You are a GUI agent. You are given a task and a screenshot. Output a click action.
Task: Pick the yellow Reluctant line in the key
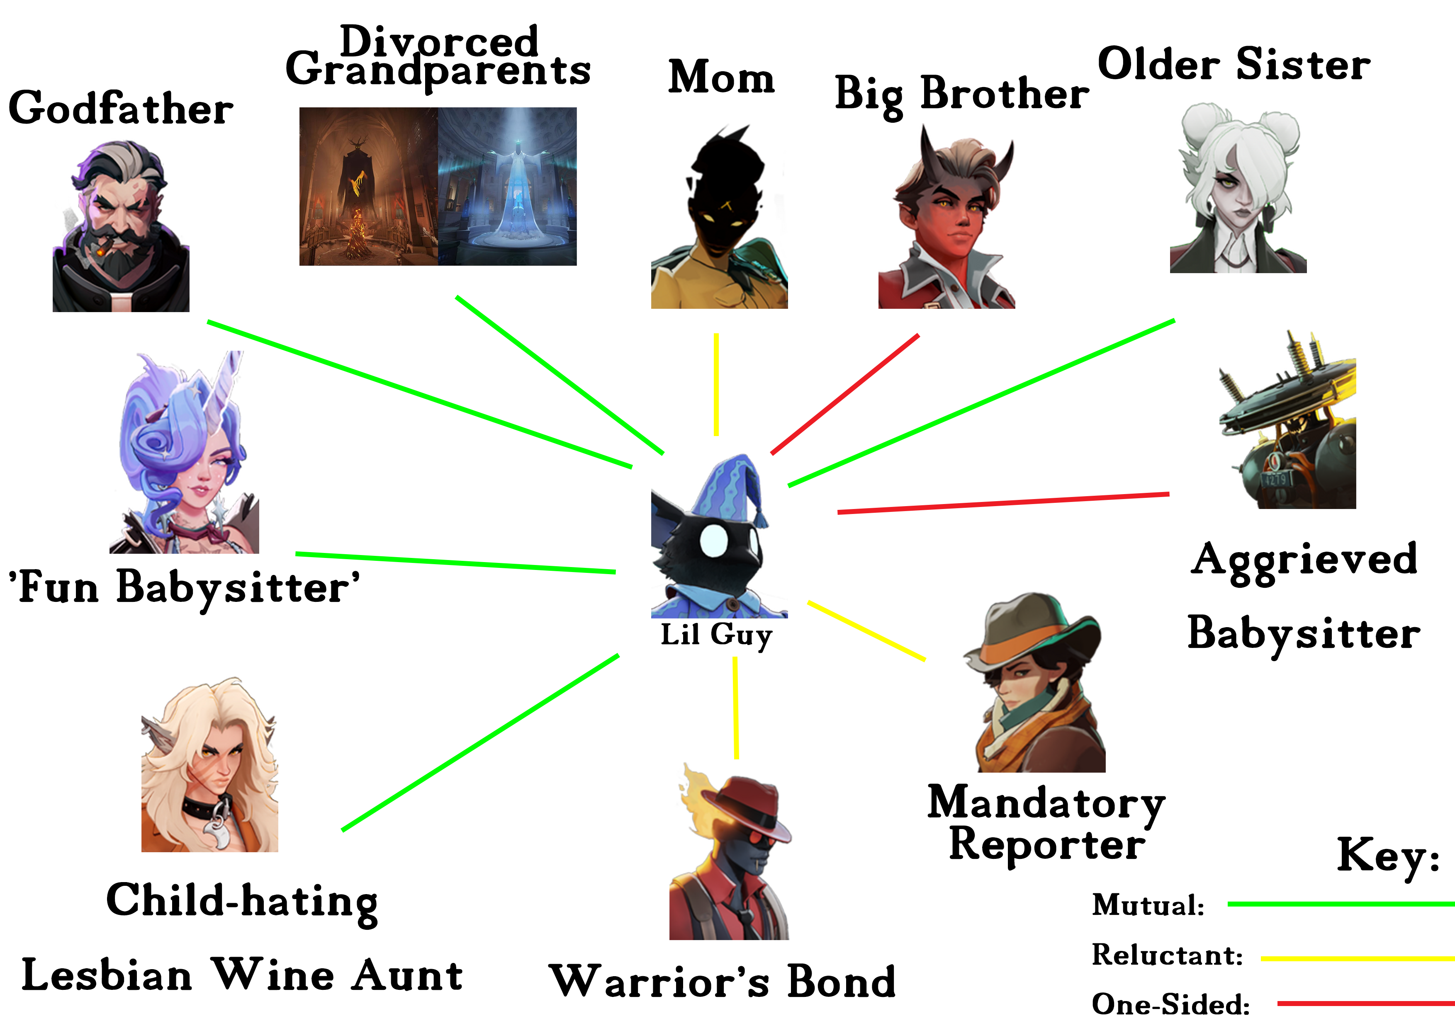coord(1358,958)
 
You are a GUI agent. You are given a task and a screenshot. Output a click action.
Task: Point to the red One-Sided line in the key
coord(1366,1003)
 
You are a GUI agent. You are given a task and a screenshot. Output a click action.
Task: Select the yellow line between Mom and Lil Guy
coord(716,385)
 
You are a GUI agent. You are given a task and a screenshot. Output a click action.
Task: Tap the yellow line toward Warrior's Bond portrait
coord(736,708)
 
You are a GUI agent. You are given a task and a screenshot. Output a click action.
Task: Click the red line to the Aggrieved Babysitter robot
coord(1003,503)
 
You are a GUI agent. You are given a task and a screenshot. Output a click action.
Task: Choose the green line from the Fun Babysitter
coord(456,562)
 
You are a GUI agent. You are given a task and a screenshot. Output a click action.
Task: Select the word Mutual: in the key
coord(1148,904)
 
